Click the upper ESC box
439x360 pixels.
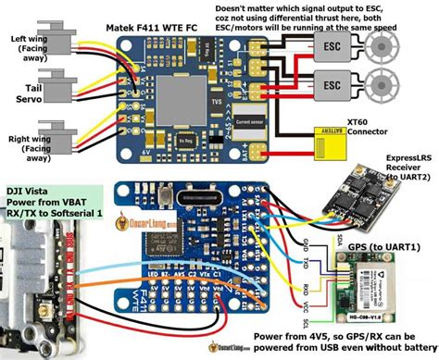click(x=330, y=47)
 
